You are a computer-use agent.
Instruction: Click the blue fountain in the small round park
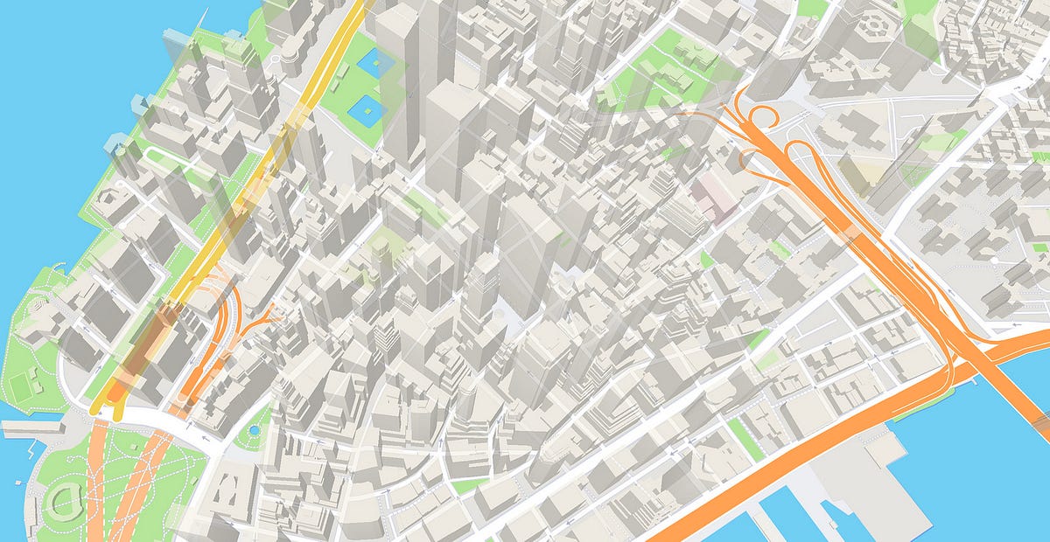[x=254, y=431]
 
